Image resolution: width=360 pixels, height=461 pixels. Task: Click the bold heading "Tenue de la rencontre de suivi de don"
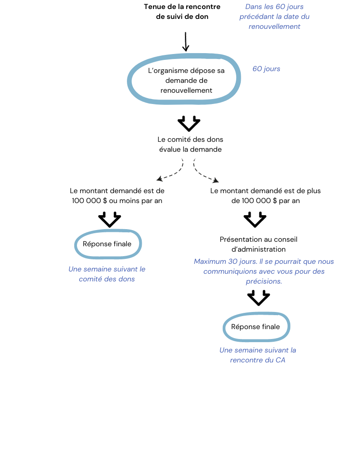click(182, 12)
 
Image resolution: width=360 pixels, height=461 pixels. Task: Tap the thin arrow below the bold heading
click(186, 42)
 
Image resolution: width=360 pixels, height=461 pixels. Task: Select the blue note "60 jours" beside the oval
click(266, 69)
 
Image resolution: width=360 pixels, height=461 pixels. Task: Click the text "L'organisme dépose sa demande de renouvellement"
click(186, 80)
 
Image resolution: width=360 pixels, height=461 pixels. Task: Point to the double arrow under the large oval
click(189, 123)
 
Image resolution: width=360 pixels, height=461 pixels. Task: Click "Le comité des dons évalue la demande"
click(190, 144)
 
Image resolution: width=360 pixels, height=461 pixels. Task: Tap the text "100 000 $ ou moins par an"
click(117, 201)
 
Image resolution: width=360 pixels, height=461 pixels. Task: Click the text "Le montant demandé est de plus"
click(265, 191)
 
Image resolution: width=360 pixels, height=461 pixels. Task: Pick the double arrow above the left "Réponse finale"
click(109, 219)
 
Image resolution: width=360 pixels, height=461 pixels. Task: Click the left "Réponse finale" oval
click(108, 244)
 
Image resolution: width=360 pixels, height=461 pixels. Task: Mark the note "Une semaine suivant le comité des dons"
click(107, 274)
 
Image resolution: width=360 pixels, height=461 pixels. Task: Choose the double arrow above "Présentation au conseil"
click(255, 220)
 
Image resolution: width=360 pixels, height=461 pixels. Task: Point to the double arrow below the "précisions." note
click(258, 298)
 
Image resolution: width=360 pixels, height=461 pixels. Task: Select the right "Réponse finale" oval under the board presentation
click(256, 327)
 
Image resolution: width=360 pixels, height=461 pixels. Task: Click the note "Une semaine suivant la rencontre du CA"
click(257, 355)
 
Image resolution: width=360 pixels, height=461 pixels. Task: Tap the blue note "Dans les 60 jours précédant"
click(274, 12)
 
